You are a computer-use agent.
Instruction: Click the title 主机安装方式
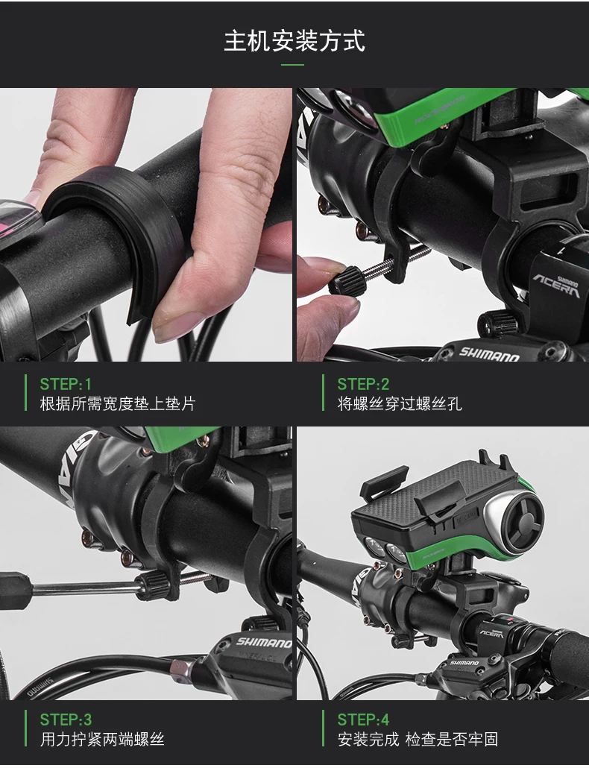294,41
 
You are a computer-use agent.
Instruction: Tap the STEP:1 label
66,384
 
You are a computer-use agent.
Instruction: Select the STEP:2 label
363,384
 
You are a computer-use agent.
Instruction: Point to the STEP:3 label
66,720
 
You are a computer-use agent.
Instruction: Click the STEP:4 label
363,720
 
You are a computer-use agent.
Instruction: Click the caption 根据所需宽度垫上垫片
118,403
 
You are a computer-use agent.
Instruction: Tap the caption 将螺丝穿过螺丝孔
399,403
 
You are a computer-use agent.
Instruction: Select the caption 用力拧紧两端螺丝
102,739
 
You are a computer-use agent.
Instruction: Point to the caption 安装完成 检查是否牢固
418,739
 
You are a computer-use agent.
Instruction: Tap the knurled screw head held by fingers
347,282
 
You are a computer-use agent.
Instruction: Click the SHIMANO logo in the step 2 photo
488,353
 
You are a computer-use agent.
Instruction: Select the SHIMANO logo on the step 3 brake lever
265,642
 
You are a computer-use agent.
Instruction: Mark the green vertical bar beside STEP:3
26,728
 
